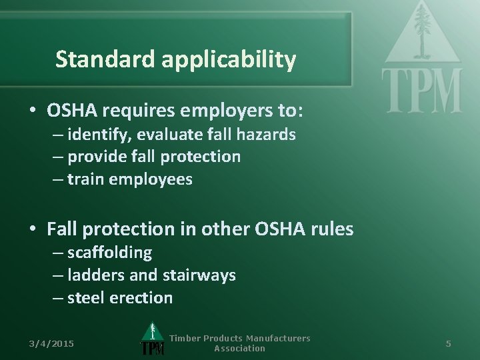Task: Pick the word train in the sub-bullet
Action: click(x=83, y=179)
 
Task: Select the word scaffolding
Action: click(x=109, y=253)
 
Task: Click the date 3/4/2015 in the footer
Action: click(x=52, y=343)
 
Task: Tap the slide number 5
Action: click(x=449, y=343)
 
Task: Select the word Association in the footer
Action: click(x=239, y=348)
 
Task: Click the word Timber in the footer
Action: click(x=185, y=338)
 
